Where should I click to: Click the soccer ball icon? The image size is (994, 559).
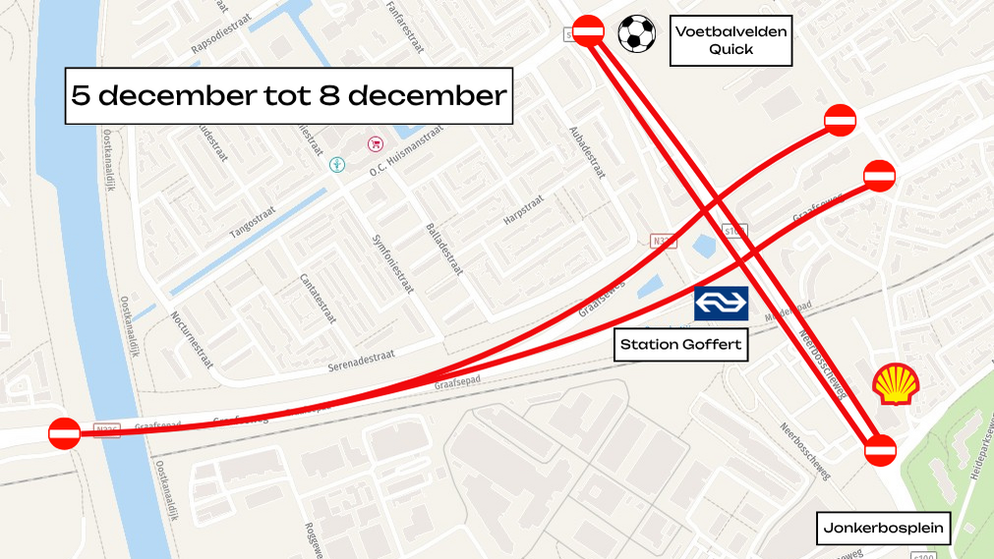click(636, 34)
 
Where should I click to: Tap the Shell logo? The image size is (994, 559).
click(895, 383)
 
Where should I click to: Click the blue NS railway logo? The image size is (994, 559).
click(722, 304)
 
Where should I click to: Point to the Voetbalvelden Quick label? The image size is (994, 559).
click(731, 40)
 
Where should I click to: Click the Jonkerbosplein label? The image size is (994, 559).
click(884, 529)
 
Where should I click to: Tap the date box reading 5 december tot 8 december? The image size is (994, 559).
click(289, 95)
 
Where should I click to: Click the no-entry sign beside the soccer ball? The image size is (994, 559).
click(588, 31)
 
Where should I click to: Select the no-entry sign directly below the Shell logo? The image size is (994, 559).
click(880, 450)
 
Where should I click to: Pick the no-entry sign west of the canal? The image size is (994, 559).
click(65, 433)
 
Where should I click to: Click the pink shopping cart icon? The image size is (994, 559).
click(375, 144)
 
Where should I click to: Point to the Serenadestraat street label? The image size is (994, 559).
click(361, 359)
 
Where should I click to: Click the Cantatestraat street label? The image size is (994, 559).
click(318, 298)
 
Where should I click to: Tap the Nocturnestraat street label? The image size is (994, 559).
click(192, 333)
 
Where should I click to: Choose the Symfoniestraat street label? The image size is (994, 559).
click(388, 267)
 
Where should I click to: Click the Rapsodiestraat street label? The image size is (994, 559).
click(223, 37)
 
